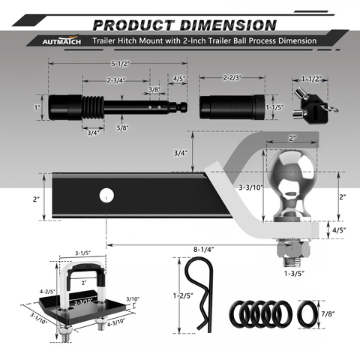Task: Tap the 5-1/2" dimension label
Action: point(120,64)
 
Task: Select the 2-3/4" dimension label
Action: point(116,80)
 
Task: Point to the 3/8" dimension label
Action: point(154,89)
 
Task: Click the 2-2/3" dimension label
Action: point(232,77)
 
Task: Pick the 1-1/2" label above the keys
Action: point(311,79)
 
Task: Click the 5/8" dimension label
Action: point(122,127)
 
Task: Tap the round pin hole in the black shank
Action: point(106,196)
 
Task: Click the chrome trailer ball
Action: point(290,184)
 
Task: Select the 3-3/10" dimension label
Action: point(251,187)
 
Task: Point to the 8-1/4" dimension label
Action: point(204,250)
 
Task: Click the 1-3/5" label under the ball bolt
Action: point(294,274)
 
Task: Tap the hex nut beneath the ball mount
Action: point(294,249)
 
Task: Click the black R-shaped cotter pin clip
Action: point(199,295)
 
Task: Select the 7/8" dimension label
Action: point(328,313)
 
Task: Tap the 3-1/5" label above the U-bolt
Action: point(83,253)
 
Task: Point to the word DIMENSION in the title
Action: point(228,25)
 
